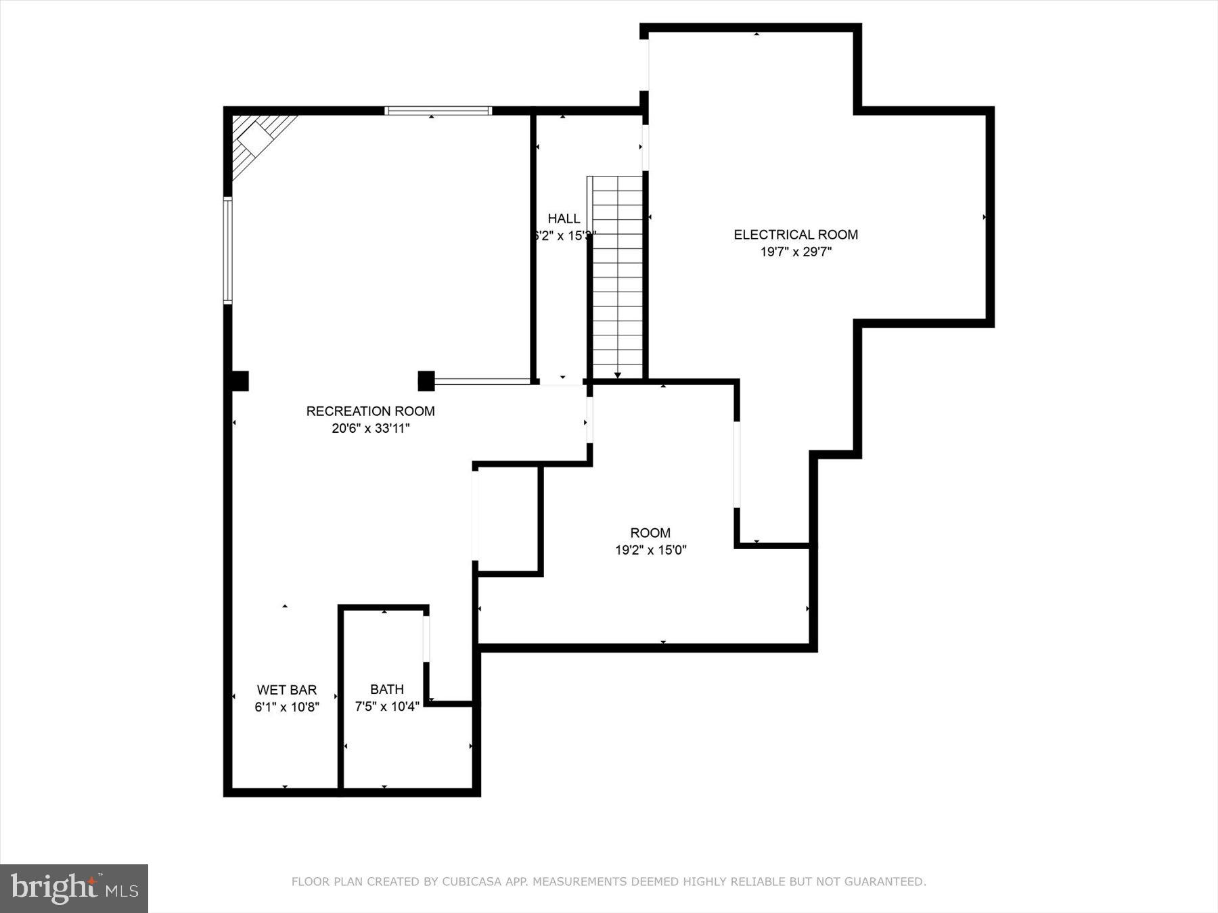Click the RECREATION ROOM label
[x=370, y=411]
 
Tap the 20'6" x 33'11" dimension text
[x=370, y=428]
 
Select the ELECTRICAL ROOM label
[x=796, y=235]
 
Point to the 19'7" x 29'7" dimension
[x=796, y=252]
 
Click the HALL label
[x=563, y=218]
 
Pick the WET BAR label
[x=287, y=690]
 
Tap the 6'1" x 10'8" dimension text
[x=287, y=707]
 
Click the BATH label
[x=387, y=689]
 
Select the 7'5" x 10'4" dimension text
[x=387, y=707]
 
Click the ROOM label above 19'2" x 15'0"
[x=650, y=533]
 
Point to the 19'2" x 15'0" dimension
[x=650, y=551]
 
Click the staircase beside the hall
[x=617, y=277]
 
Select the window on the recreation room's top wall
[x=438, y=111]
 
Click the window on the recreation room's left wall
[x=228, y=250]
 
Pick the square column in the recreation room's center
[x=426, y=381]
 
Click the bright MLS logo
[x=74, y=889]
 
